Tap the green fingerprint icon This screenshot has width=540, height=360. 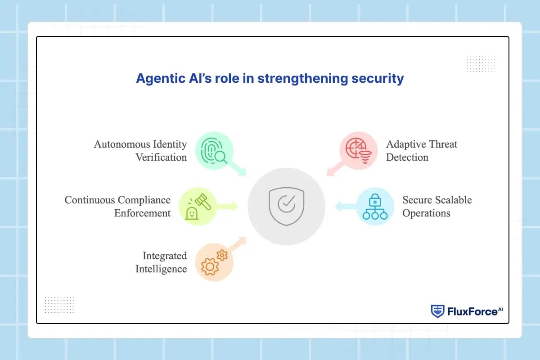(214, 151)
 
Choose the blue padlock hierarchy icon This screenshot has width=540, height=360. (375, 207)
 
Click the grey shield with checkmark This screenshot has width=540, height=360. (286, 207)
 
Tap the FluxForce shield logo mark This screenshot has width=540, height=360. (437, 311)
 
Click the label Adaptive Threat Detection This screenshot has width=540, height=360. (422, 151)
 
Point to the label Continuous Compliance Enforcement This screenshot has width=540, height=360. (117, 207)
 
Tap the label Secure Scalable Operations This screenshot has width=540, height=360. (437, 207)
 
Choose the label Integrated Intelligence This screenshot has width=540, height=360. (161, 262)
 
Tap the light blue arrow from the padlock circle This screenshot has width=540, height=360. (346, 207)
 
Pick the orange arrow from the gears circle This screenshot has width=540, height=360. (237, 245)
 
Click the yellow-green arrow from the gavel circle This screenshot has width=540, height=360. (227, 207)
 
